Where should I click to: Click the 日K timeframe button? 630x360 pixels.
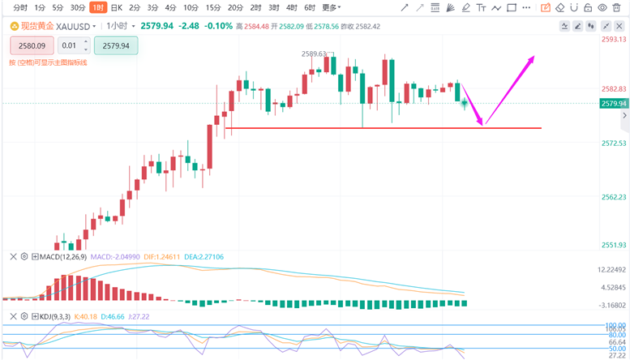coord(116,7)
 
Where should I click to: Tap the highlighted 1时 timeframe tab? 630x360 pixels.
coord(97,7)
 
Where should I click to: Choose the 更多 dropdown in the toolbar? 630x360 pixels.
coord(331,7)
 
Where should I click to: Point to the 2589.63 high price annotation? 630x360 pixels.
coord(313,54)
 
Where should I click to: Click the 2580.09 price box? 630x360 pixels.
coord(32,46)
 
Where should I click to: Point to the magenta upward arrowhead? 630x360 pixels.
coord(533,57)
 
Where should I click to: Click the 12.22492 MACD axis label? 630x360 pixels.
coord(614,269)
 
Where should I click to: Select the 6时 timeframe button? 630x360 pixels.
coord(310,7)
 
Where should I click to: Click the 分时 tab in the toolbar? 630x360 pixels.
coord(15,7)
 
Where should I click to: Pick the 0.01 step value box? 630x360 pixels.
coord(70,46)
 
